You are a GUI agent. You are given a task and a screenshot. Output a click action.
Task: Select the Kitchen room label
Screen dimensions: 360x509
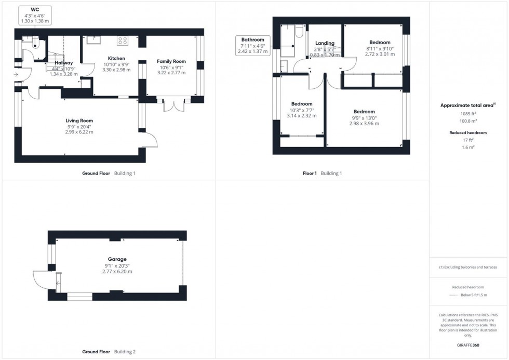tap(116, 58)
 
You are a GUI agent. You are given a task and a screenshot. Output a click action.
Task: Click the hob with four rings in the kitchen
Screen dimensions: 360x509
tap(123, 39)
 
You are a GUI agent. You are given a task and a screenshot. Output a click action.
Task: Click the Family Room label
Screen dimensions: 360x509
tap(171, 61)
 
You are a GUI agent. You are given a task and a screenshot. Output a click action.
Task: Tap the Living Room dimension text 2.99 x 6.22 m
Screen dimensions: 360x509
tap(79, 132)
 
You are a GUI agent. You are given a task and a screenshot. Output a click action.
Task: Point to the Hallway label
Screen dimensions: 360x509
tap(63, 63)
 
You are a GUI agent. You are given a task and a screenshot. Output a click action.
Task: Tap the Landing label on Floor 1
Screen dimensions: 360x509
tap(325, 43)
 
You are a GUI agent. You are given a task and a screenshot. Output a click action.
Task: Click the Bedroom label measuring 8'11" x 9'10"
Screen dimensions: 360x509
tap(380, 42)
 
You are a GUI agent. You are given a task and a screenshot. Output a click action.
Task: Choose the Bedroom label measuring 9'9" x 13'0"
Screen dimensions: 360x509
tap(364, 112)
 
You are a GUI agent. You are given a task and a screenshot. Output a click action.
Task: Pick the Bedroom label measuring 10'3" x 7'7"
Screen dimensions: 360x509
tap(302, 104)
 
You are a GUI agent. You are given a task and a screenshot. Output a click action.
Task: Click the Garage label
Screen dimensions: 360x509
tap(117, 259)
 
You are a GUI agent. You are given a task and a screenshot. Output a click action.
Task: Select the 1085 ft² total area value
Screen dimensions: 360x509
tap(468, 113)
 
